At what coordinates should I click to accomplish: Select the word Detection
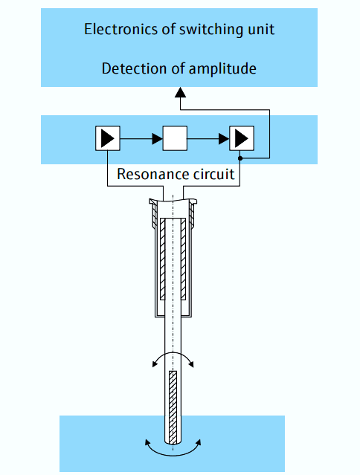pos(132,69)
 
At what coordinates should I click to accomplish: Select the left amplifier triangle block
pos(108,138)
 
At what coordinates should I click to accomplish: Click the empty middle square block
pos(175,138)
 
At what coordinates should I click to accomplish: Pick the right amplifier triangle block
pos(242,138)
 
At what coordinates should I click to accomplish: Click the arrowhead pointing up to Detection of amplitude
pos(179,92)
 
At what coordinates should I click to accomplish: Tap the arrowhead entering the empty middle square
pos(157,138)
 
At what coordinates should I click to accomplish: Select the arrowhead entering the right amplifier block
pos(224,138)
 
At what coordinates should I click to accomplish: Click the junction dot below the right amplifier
pos(241,158)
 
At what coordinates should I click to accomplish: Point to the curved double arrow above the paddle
pos(173,359)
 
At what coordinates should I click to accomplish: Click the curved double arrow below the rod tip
pos(173,450)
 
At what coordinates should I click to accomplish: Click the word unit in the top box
pos(261,30)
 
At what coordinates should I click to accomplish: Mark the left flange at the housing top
pos(154,201)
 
